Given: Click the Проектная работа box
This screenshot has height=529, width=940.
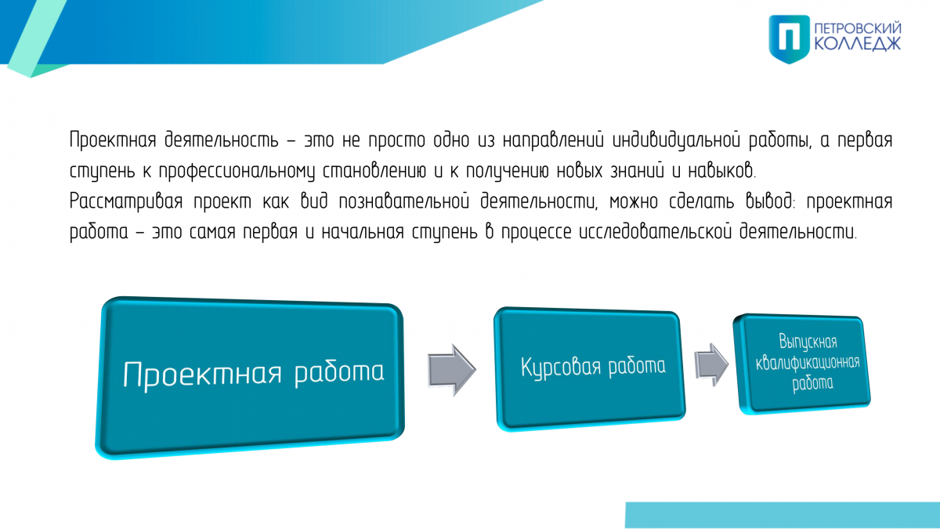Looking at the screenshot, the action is pos(250,377).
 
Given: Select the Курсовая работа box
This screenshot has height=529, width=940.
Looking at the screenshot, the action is pos(590,368).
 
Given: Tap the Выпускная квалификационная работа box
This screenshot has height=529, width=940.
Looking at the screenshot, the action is pos(802,364).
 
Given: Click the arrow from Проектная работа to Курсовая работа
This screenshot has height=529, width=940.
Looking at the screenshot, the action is pos(452,370).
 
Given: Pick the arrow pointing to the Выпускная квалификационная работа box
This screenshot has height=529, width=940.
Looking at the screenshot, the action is pos(712,364).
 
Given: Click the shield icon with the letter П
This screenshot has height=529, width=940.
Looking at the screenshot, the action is pos(789,39).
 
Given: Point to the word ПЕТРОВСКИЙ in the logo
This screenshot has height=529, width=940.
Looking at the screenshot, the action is pos(858,28).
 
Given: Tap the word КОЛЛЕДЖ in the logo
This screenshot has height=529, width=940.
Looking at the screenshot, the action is pos(858,44).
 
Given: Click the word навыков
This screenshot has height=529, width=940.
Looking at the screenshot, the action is pos(721,171).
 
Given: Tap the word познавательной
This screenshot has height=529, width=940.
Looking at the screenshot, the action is pos(403,201).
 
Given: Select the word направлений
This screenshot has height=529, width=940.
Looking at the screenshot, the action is pos(553,139).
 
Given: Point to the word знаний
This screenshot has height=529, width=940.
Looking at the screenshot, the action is pos(637,171).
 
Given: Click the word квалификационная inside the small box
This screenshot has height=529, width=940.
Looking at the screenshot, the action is pos(808,362).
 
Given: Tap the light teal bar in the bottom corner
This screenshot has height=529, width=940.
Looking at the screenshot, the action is pos(783,515).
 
